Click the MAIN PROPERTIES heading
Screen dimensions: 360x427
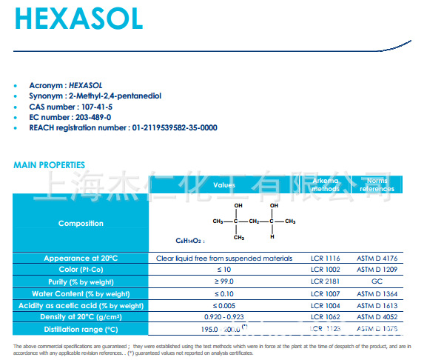[x=49, y=164]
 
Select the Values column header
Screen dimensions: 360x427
[x=224, y=185]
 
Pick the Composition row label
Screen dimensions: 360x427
[x=81, y=223]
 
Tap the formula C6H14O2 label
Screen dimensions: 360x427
[x=189, y=241]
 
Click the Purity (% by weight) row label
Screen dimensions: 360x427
[x=81, y=281]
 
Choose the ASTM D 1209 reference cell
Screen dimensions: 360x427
[x=377, y=270]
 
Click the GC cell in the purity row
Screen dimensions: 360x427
[x=377, y=281]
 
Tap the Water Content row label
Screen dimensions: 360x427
[x=81, y=293]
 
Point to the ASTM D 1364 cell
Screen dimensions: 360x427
[x=377, y=293]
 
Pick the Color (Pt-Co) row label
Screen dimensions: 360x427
[x=81, y=270]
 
